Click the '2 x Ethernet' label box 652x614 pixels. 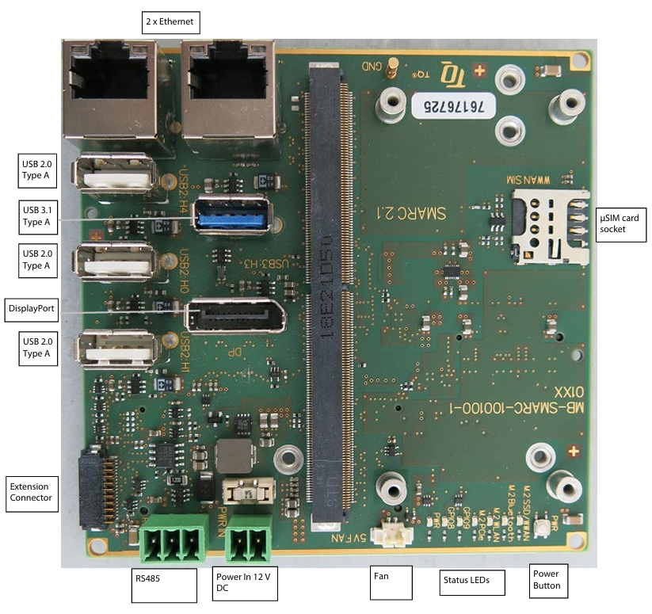170,21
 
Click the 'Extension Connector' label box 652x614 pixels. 31,492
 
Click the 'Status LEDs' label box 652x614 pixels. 465,582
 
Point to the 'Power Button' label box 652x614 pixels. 547,580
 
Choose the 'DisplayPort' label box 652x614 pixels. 31,308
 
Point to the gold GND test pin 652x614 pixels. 390,73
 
